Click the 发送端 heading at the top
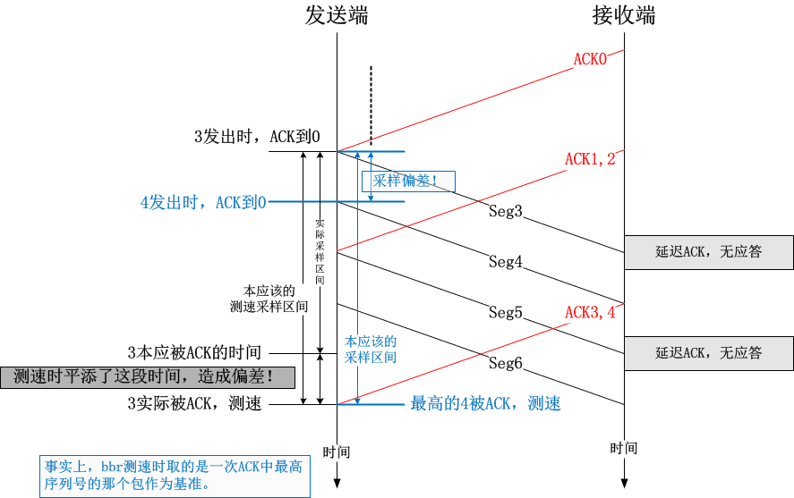pyautogui.click(x=336, y=16)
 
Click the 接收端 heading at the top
pyautogui.click(x=624, y=16)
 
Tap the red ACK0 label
pyautogui.click(x=591, y=59)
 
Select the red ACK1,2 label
pyautogui.click(x=590, y=159)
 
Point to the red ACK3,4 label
pyautogui.click(x=590, y=312)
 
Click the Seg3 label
pyautogui.click(x=505, y=212)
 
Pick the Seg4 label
pyautogui.click(x=505, y=262)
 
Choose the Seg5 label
pyautogui.click(x=505, y=313)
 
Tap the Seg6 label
pyautogui.click(x=505, y=363)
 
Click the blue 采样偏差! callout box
pyautogui.click(x=408, y=181)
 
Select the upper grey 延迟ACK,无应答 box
pyautogui.click(x=708, y=252)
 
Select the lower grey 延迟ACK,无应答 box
pyautogui.click(x=708, y=353)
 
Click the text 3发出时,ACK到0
pyautogui.click(x=257, y=137)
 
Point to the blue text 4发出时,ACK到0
pyautogui.click(x=203, y=203)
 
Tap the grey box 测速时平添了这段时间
pyautogui.click(x=148, y=376)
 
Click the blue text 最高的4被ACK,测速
pyautogui.click(x=485, y=404)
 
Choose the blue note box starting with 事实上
pyautogui.click(x=175, y=476)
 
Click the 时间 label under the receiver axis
pyautogui.click(x=624, y=448)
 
